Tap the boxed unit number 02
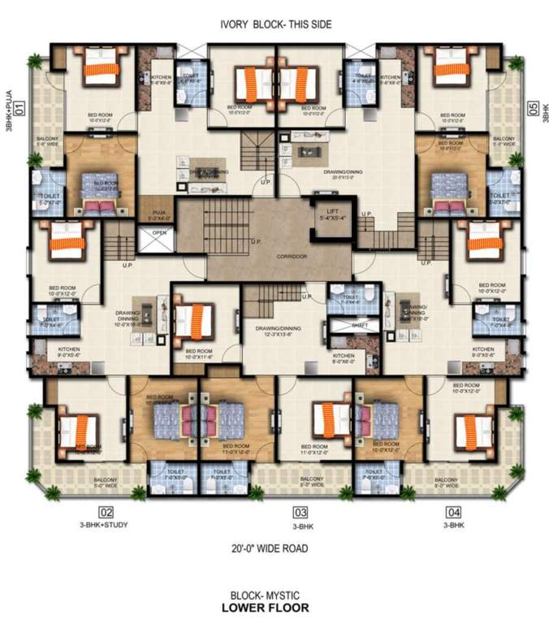[x=106, y=512]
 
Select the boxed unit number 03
[x=300, y=512]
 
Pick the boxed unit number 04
[x=453, y=512]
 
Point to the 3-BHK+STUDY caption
[x=106, y=525]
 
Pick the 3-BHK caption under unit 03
[x=300, y=525]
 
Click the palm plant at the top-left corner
[x=35, y=62]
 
